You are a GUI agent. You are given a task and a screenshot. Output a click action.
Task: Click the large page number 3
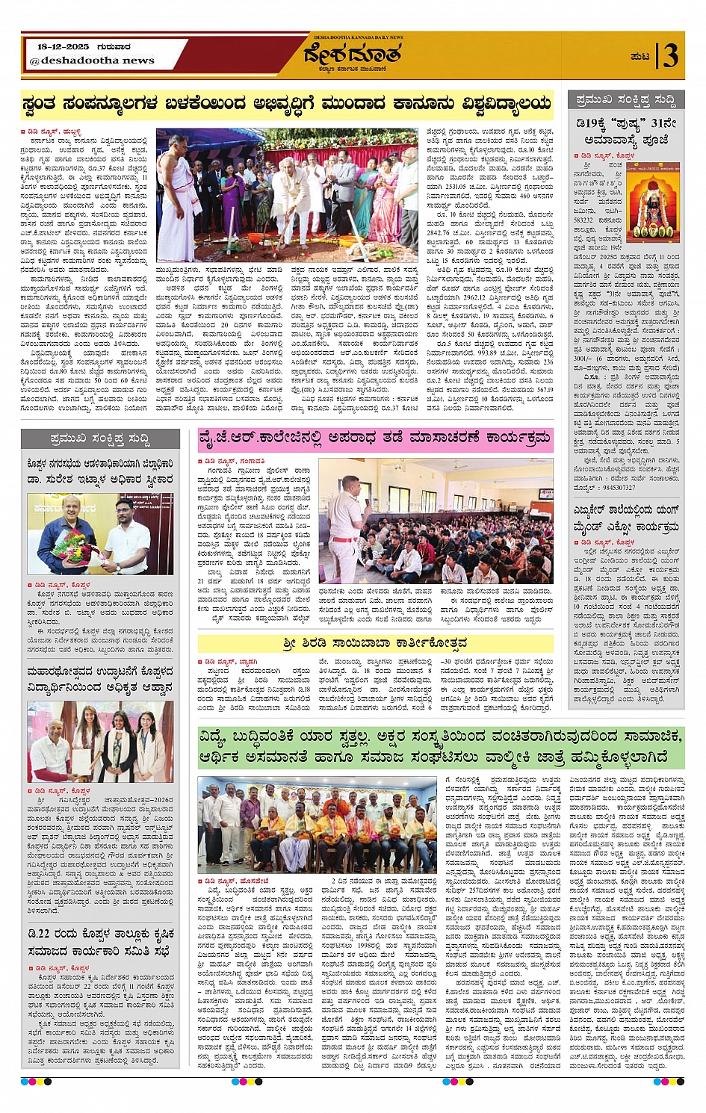670,56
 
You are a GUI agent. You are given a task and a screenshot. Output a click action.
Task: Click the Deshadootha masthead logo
354,55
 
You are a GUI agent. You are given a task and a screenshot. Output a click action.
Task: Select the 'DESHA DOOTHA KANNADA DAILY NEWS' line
358,37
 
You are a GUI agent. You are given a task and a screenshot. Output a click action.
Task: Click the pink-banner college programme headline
376,439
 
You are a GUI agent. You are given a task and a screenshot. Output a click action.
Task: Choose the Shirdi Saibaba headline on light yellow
375,643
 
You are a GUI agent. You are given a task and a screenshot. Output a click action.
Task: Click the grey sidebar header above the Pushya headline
625,99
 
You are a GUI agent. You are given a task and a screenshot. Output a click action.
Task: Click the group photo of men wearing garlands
318,825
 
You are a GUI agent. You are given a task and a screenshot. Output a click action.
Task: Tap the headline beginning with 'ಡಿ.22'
100,943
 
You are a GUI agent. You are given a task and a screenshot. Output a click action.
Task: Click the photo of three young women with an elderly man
100,742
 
